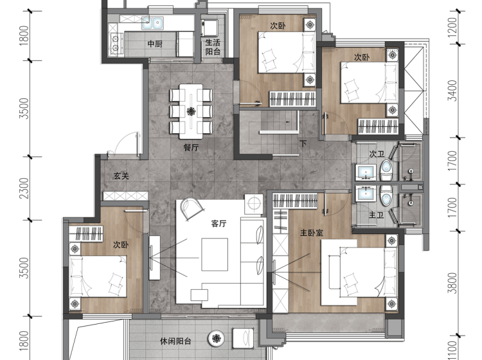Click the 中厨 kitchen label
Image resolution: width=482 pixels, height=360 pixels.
click(155, 44)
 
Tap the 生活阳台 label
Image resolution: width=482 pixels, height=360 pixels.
click(213, 47)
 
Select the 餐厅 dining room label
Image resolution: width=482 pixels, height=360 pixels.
click(191, 148)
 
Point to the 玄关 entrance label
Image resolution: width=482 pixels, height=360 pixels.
click(121, 176)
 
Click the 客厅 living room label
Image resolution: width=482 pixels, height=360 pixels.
click(219, 224)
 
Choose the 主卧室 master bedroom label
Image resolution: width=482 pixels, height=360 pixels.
click(312, 233)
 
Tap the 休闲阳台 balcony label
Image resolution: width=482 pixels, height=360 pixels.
click(175, 341)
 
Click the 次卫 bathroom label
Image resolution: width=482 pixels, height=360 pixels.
click(377, 154)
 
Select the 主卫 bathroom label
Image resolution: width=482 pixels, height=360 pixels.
click(376, 215)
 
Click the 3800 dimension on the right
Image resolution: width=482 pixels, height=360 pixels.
click(452, 283)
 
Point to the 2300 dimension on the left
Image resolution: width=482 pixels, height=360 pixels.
click(24, 188)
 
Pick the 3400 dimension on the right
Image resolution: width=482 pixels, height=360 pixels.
click(452, 91)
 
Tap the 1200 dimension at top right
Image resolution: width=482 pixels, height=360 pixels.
click(452, 28)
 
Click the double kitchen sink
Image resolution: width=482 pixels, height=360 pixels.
click(152, 22)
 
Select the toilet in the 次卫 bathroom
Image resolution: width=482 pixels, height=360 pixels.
click(386, 170)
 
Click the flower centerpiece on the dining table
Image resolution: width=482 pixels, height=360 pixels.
click(192, 111)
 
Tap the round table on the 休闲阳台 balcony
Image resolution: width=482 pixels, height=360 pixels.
click(217, 339)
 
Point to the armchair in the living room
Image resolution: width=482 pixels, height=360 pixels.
click(192, 208)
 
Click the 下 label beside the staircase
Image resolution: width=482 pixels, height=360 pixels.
click(303, 143)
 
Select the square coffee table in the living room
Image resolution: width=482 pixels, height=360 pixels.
click(215, 254)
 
